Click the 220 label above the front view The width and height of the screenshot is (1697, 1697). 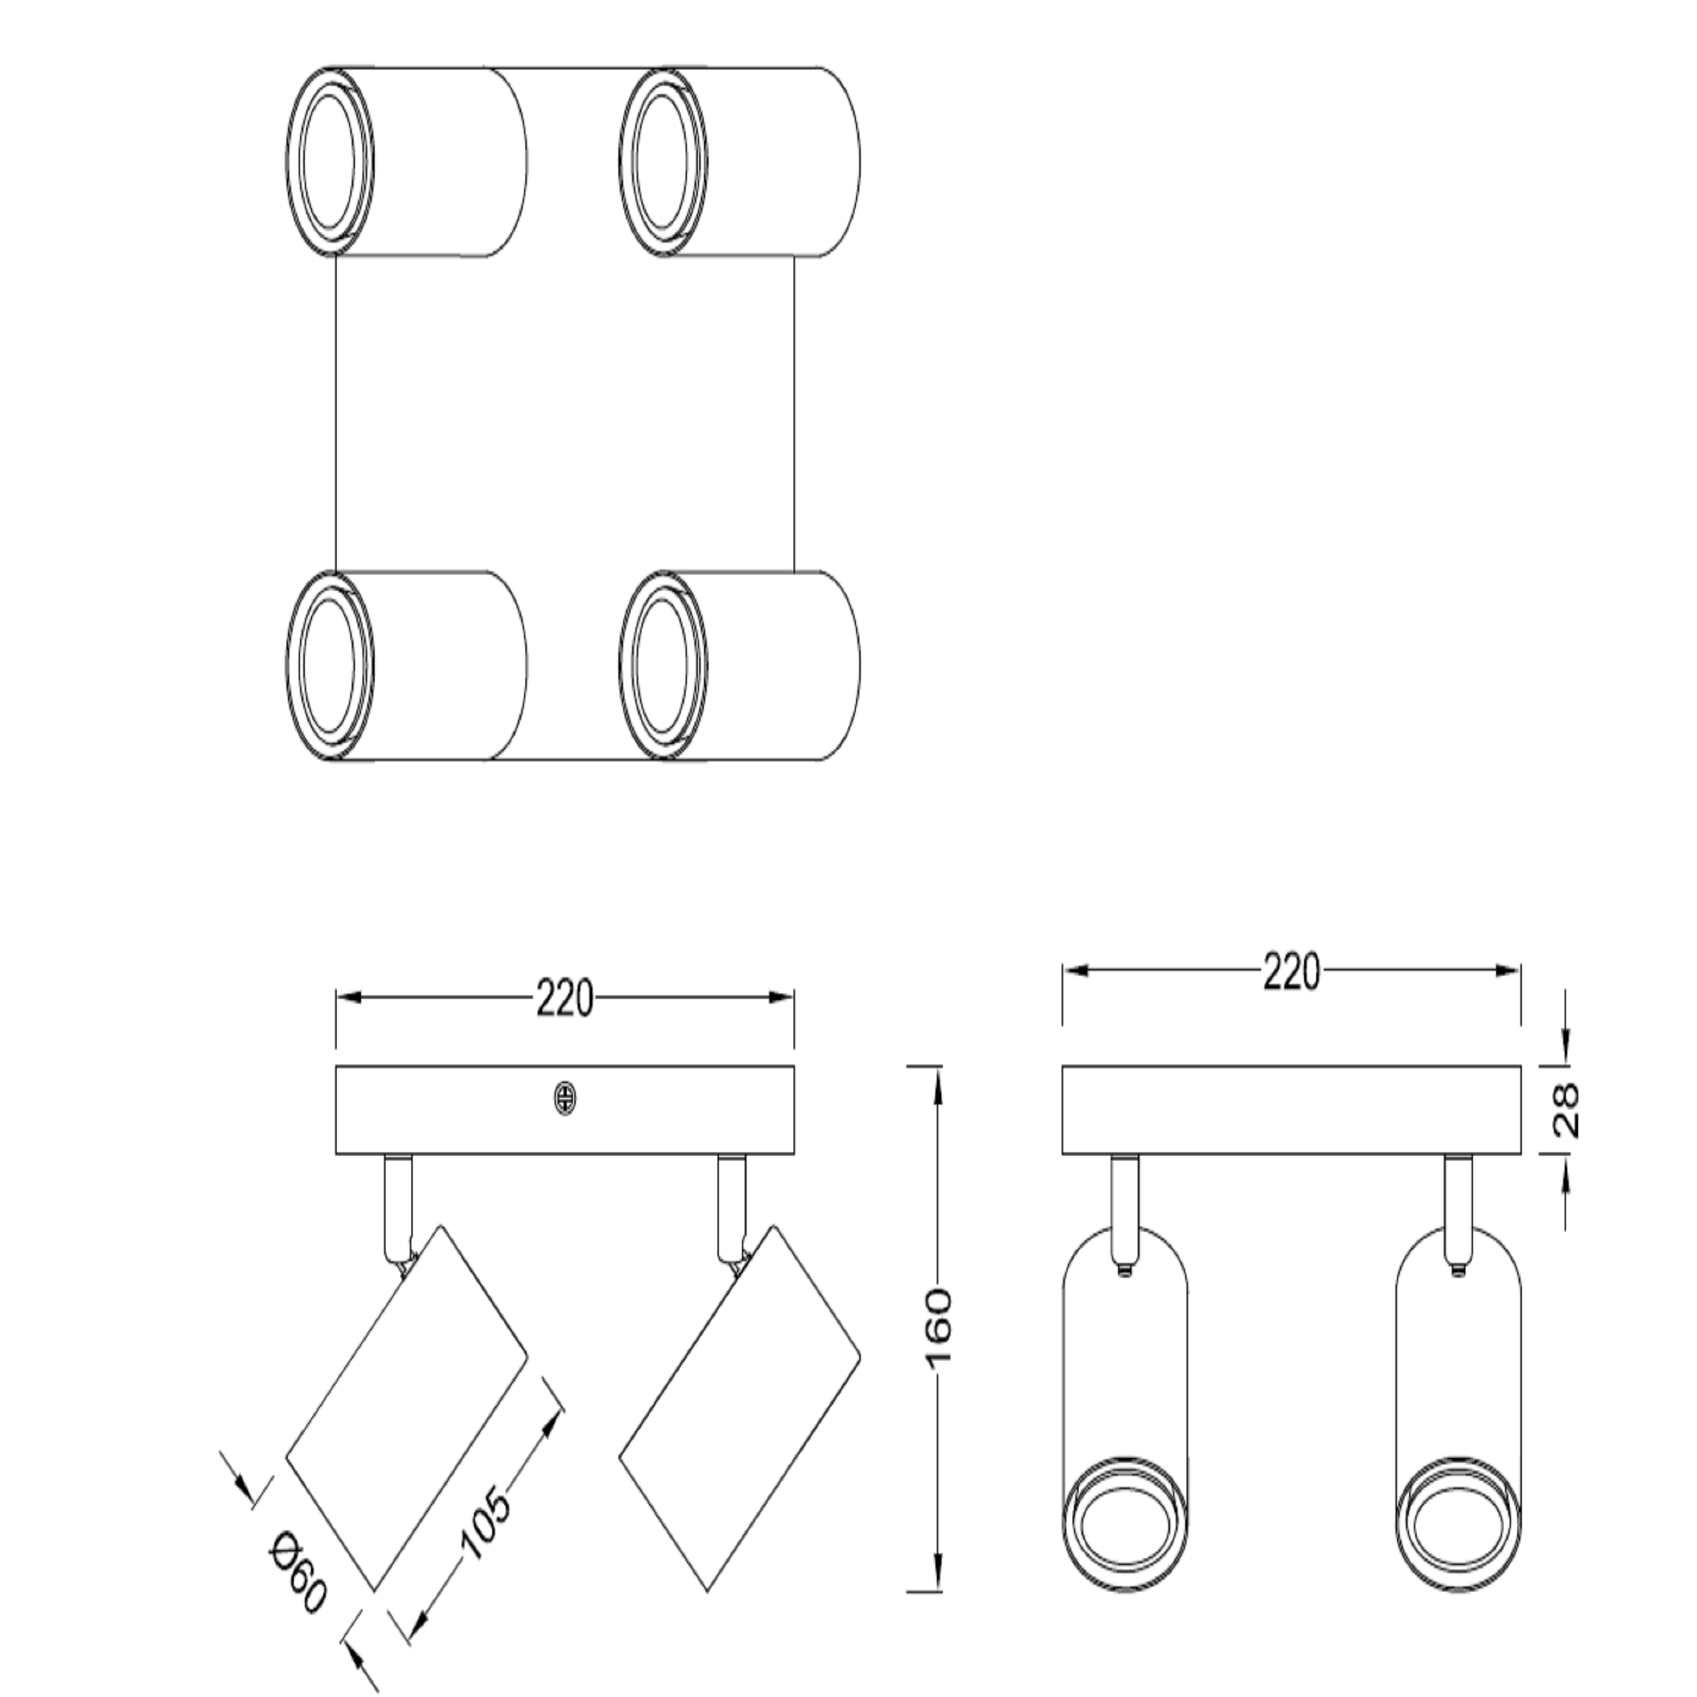pos(1291,972)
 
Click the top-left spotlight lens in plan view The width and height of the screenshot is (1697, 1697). pos(329,162)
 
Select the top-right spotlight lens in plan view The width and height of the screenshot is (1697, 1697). pos(663,162)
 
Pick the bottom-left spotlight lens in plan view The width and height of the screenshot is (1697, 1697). pos(329,665)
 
